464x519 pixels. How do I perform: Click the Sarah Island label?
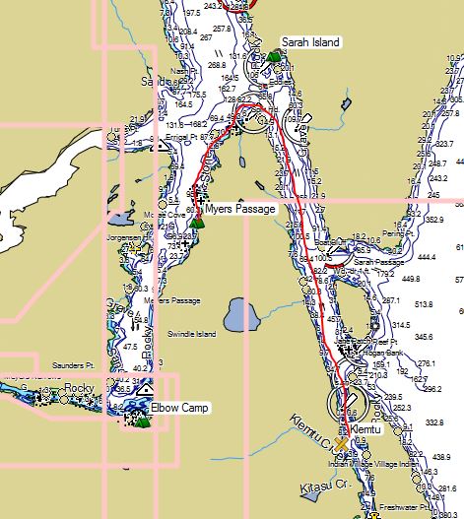(x=310, y=42)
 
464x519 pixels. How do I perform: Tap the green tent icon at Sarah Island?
(x=273, y=55)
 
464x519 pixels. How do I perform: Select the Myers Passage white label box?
(x=240, y=209)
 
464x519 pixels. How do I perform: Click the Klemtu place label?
(x=364, y=431)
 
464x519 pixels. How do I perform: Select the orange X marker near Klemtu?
(x=340, y=444)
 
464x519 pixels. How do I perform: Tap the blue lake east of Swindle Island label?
(x=236, y=317)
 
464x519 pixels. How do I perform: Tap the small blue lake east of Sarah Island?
(x=347, y=101)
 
